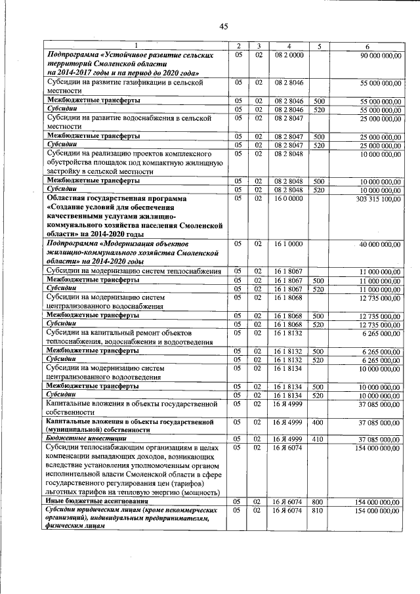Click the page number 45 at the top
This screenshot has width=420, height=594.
click(223, 26)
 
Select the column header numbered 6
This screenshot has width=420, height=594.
click(367, 46)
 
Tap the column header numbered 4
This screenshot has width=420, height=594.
click(289, 46)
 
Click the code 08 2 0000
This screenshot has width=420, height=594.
click(289, 56)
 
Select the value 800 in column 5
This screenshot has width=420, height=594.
click(320, 501)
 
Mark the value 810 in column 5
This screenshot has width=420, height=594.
click(320, 510)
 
